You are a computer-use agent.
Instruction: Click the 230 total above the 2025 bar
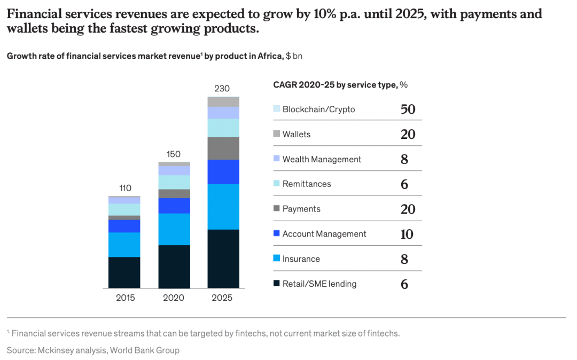(222, 89)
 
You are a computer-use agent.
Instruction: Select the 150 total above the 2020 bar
(174, 154)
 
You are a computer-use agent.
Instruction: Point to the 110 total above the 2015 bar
(124, 188)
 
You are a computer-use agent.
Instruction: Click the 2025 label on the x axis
(222, 298)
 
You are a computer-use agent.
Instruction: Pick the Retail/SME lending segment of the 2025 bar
(223, 259)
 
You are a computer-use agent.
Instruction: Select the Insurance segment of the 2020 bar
(174, 229)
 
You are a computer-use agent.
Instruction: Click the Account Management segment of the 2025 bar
(223, 171)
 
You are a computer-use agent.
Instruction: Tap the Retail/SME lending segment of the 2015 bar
(124, 272)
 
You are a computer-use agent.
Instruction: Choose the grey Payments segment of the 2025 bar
(223, 148)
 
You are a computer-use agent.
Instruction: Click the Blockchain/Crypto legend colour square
(276, 109)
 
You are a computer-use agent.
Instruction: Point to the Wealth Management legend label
(322, 159)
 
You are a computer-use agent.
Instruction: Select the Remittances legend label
(307, 184)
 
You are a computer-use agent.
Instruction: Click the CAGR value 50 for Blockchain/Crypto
(408, 109)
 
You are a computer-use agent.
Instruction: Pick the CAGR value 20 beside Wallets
(408, 134)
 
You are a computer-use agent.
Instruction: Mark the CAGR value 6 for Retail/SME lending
(404, 284)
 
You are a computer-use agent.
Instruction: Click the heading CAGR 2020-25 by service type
(335, 84)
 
